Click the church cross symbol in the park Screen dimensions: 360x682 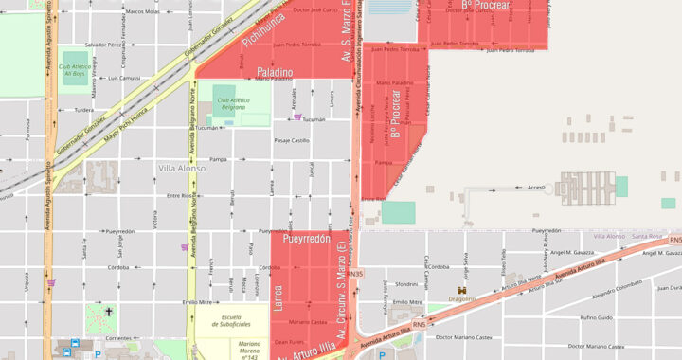109,312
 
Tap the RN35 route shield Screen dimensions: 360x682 355,274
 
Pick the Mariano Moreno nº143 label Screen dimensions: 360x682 249,350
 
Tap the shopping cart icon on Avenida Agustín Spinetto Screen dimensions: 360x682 50,282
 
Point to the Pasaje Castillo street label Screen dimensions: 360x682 292,140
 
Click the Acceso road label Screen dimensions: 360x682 536,188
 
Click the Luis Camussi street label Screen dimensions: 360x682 124,78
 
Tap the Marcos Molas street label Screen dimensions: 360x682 142,11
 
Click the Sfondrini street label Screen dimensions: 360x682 405,283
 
